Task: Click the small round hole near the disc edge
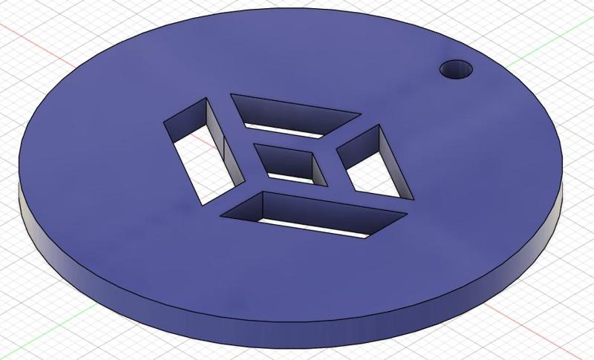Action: click(x=456, y=71)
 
